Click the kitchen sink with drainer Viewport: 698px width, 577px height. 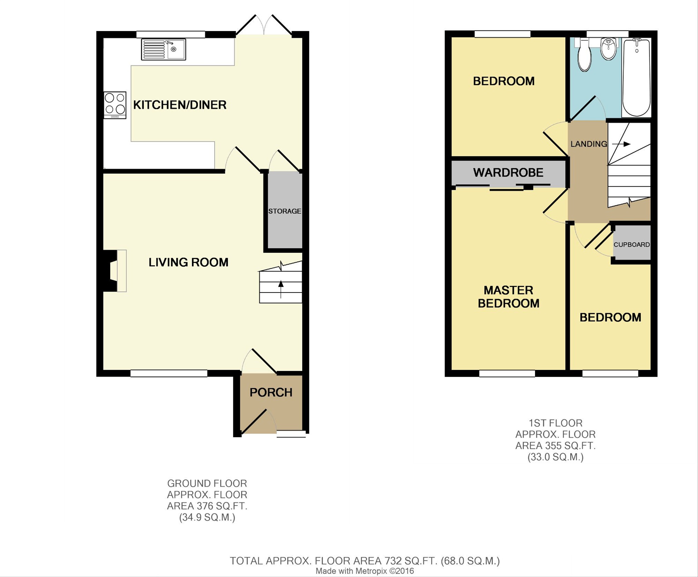pos(163,49)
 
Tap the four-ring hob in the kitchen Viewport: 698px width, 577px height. pos(115,105)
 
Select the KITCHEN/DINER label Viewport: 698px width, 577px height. pos(180,105)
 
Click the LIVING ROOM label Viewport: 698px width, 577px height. pos(188,262)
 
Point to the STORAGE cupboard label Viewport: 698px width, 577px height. pos(285,211)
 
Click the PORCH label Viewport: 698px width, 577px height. pos(271,392)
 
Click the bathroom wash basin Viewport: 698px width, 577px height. pos(608,49)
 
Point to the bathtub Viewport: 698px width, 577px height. pos(637,78)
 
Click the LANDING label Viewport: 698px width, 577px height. pos(589,144)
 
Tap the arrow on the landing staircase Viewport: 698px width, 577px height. pos(621,144)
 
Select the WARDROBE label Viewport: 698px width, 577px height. pos(508,172)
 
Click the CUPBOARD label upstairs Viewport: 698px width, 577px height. pos(631,245)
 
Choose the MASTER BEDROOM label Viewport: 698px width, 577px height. pos(508,297)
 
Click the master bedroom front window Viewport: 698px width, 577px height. pos(507,373)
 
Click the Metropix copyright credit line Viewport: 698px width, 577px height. pos(365,571)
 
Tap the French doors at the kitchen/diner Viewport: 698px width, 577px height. pos(264,25)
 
